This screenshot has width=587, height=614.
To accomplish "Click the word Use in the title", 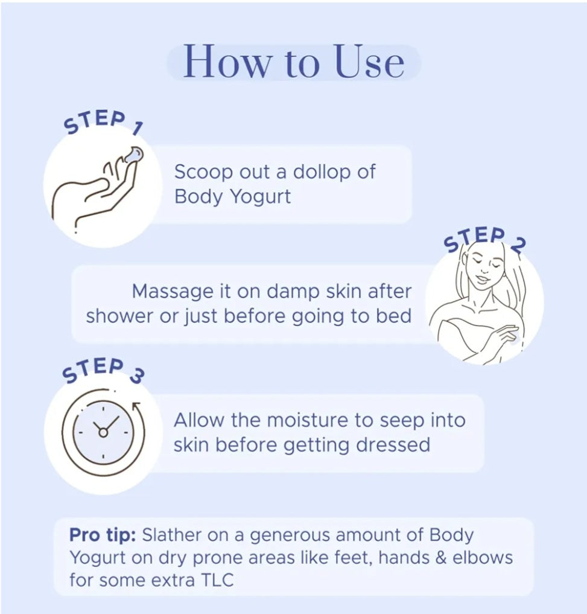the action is tap(369, 62).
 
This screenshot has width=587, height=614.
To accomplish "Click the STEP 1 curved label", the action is tap(103, 123).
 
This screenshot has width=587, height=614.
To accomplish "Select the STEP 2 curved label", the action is tap(484, 239).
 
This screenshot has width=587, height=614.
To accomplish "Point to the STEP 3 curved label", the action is tap(103, 370).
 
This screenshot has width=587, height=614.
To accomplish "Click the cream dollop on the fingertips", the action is tap(133, 155).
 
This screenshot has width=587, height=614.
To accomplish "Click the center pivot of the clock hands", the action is tap(103, 433).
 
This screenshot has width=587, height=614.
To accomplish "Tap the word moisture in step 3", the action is tap(308, 420).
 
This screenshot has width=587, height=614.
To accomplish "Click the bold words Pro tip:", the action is tap(103, 536).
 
